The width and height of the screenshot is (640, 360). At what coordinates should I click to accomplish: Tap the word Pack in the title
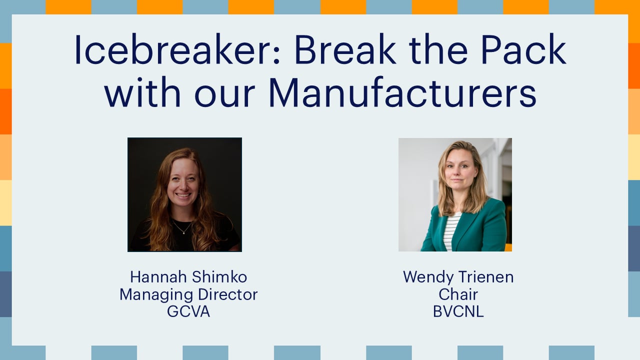tap(523, 49)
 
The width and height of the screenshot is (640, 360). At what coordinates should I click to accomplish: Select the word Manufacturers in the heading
tap(402, 92)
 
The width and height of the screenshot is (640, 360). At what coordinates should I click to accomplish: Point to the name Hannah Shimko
tap(188, 277)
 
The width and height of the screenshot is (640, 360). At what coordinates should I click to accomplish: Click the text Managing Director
tap(188, 294)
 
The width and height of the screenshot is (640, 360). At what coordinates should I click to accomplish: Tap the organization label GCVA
tap(188, 311)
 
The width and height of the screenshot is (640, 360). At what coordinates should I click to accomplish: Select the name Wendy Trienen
tap(458, 277)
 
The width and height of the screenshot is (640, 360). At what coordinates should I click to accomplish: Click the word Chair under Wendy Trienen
tap(458, 294)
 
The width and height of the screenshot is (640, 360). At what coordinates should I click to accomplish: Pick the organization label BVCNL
tap(458, 311)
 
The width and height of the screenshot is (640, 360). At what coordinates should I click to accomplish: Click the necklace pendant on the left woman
tap(183, 233)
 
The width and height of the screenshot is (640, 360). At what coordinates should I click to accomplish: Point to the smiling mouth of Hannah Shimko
tap(183, 195)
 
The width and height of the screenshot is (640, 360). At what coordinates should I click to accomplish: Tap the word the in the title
tap(438, 49)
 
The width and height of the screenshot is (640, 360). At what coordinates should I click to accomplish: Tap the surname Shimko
tap(219, 277)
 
